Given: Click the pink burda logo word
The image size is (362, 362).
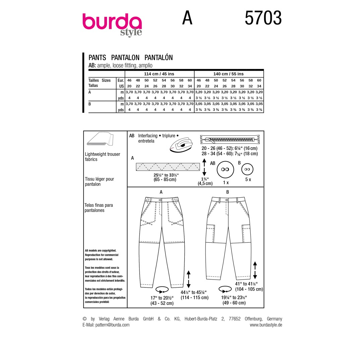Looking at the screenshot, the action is [x=112, y=22].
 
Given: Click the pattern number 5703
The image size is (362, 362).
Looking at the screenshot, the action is [x=263, y=18].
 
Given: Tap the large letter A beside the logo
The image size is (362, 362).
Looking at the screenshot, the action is [x=187, y=18].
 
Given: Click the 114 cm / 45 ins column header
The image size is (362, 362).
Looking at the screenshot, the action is [x=159, y=74].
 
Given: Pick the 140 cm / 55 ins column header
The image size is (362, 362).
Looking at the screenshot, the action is [x=228, y=74].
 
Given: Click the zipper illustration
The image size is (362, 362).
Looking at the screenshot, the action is [x=230, y=139].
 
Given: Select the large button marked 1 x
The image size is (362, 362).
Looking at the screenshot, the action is [x=225, y=170].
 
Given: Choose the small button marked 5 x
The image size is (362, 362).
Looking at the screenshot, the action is [x=247, y=169].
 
